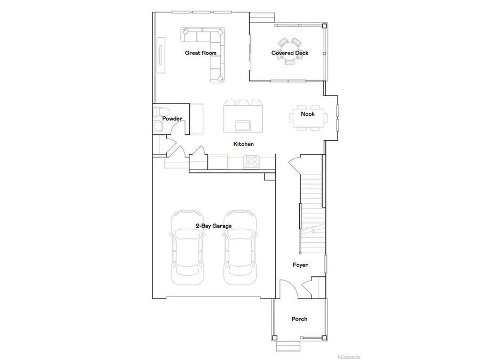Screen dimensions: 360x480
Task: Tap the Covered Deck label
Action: click(290, 53)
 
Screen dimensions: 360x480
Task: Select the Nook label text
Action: click(307, 114)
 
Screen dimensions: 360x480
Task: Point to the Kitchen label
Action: click(243, 144)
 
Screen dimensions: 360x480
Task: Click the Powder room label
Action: click(172, 118)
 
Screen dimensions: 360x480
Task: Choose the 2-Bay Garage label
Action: click(213, 226)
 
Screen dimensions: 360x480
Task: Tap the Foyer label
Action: click(300, 265)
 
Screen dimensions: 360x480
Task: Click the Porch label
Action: click(299, 319)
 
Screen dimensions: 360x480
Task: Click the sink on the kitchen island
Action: click(243, 125)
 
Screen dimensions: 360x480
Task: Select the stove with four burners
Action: click(251, 161)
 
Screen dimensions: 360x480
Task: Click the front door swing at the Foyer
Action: click(288, 290)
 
